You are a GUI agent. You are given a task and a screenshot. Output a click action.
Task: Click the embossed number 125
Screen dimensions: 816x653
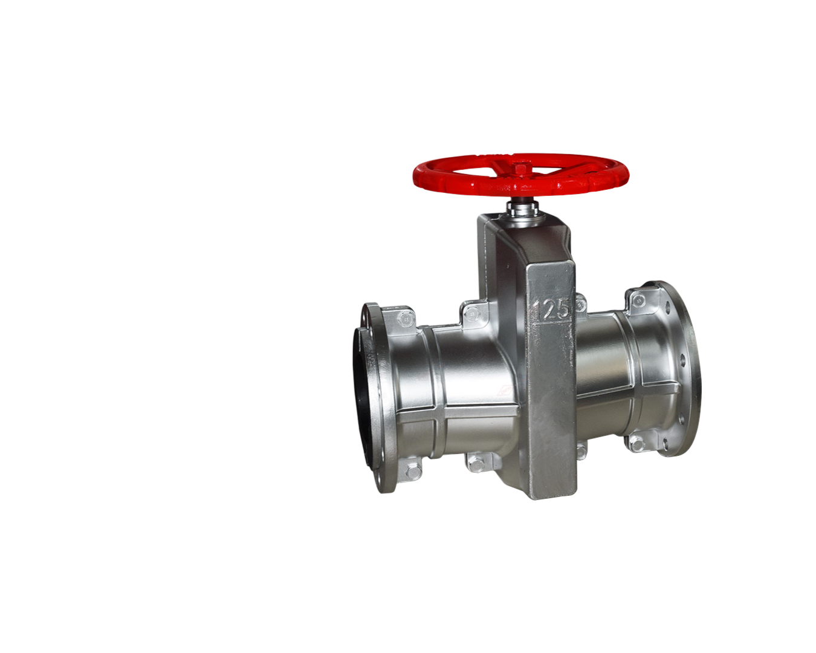552,308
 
